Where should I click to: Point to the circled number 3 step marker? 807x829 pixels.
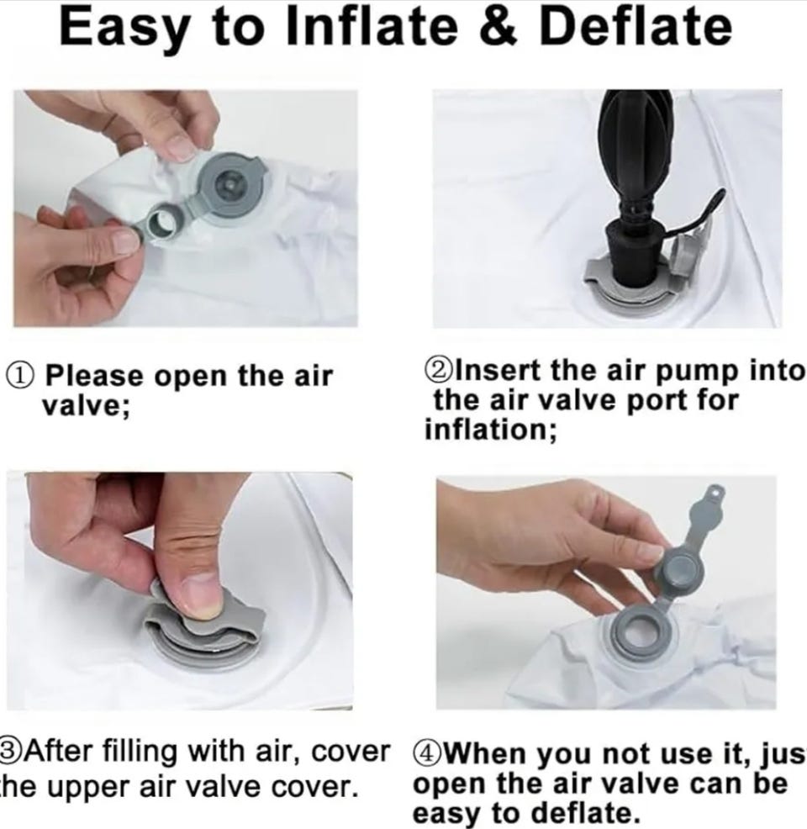click(11, 752)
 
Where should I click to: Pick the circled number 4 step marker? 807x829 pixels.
click(426, 752)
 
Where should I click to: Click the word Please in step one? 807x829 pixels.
click(94, 376)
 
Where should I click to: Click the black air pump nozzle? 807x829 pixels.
click(633, 250)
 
